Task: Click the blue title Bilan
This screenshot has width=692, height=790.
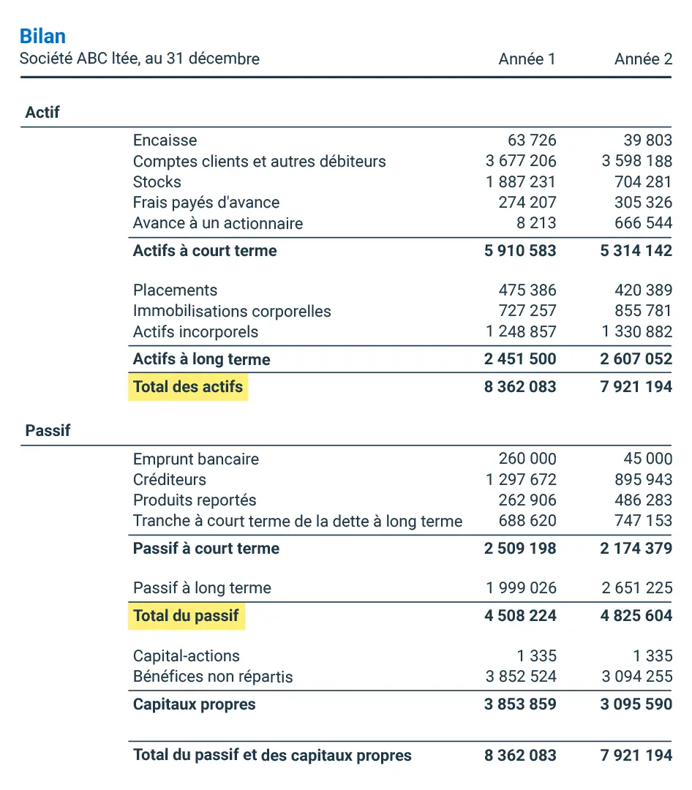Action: coord(42,36)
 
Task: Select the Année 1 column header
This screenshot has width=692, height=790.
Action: coord(527,59)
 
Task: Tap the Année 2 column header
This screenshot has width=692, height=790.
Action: coord(643,59)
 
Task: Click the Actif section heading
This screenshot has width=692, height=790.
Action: coord(42,113)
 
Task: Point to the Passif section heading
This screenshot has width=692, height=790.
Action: coord(48,430)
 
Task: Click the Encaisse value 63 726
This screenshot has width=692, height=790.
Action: coord(532,140)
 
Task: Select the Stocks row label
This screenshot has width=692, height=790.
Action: coord(157,182)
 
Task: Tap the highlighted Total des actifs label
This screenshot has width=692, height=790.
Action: coord(188,386)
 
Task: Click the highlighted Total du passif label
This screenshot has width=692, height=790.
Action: coord(186,616)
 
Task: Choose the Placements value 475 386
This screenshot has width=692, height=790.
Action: coord(527,290)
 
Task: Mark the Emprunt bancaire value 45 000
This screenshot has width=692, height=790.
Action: coord(648,459)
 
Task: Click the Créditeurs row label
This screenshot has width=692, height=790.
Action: coord(170,480)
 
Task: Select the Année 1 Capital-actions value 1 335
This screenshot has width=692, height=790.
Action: coord(536,655)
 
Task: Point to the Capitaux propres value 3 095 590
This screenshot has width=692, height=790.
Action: coord(636,705)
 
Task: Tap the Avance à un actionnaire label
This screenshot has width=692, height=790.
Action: coord(218,223)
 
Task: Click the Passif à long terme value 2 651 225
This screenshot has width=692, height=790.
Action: coord(636,588)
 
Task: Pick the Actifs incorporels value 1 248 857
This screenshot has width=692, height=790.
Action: coord(521,332)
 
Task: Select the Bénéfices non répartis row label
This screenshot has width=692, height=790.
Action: coord(213,677)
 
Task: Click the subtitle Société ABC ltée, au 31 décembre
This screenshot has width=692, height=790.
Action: coord(140,59)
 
